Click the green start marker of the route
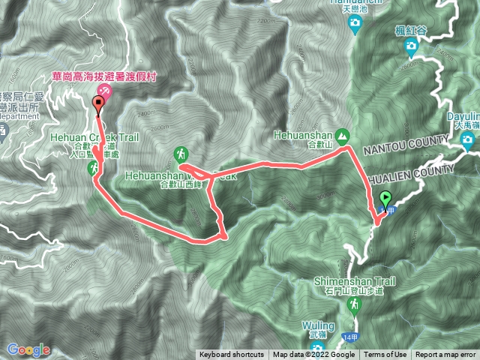(x=386, y=199)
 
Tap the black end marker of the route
(x=97, y=104)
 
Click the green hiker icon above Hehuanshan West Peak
(x=181, y=154)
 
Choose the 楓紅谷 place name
(x=411, y=31)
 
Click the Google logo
(x=28, y=349)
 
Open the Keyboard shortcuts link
(x=231, y=355)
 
